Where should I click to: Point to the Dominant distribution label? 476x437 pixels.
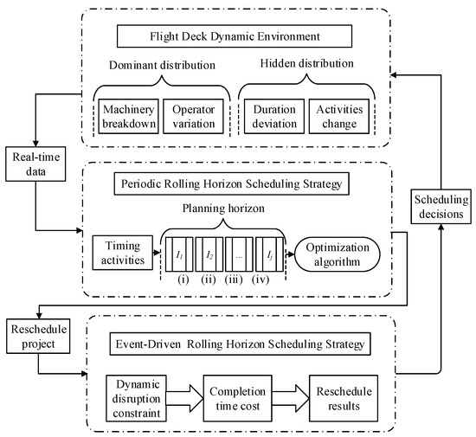[164, 65]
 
